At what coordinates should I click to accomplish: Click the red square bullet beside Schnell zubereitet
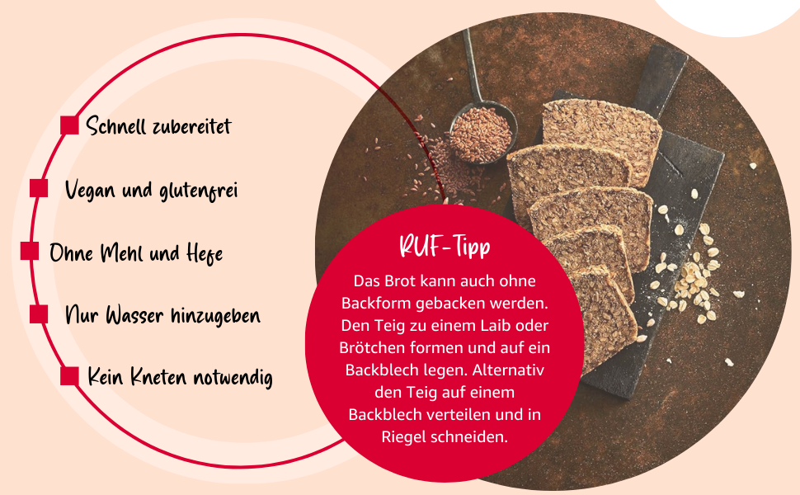tap(70, 125)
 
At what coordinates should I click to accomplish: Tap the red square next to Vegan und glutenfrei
tap(39, 189)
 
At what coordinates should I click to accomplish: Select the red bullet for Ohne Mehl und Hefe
tap(30, 251)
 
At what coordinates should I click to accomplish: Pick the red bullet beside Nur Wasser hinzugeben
tap(39, 313)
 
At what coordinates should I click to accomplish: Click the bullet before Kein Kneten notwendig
tap(70, 376)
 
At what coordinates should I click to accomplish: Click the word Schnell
tap(115, 126)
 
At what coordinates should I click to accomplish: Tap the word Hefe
tap(204, 252)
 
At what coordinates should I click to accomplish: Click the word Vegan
tap(90, 191)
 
